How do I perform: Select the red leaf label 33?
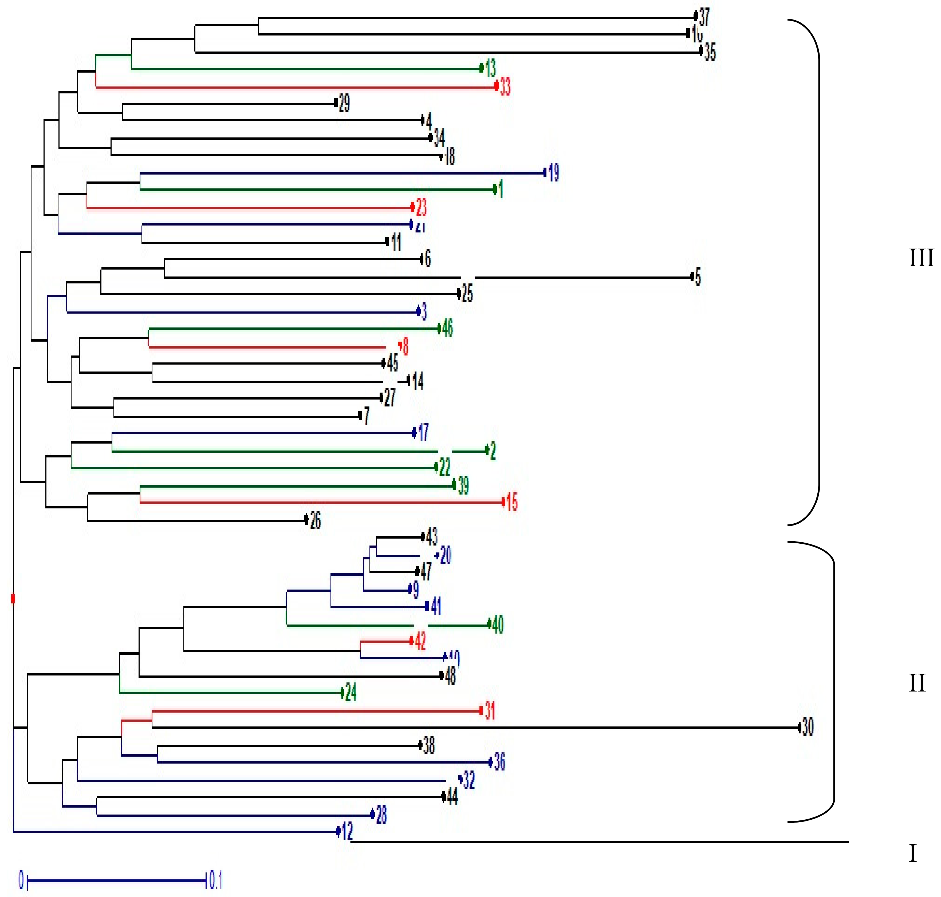point(505,86)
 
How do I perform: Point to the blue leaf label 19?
point(554,173)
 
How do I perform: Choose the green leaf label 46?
point(447,329)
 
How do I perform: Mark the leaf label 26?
point(315,520)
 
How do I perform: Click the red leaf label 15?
point(512,502)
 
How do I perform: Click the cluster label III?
point(921,258)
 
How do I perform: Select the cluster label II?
point(917,683)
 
